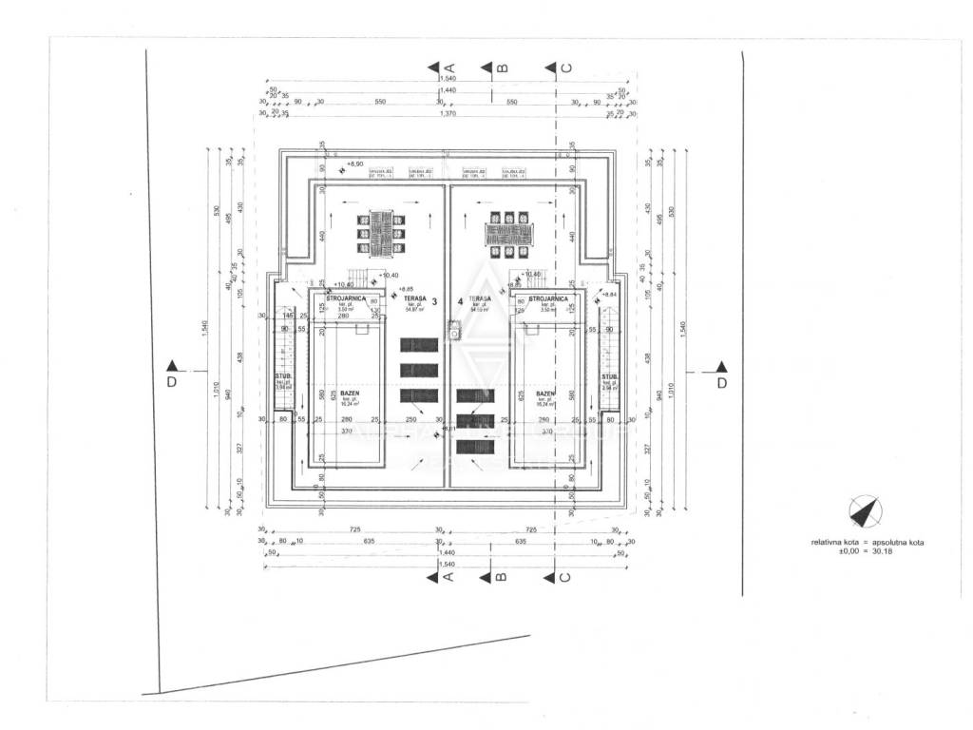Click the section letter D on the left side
(171, 383)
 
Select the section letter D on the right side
(721, 383)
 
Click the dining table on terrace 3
(377, 231)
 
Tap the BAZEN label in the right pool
(544, 392)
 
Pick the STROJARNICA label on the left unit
(342, 298)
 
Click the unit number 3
(434, 302)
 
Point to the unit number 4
(461, 302)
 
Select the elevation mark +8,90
(355, 164)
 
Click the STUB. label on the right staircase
(609, 377)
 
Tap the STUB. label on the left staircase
(282, 377)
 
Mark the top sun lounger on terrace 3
(419, 345)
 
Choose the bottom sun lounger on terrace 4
(475, 444)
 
